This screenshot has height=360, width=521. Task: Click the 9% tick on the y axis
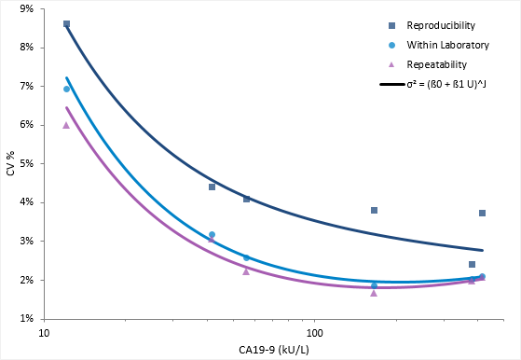[x=25, y=8]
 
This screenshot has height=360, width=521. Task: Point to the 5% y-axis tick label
[x=25, y=163]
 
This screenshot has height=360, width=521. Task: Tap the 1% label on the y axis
[x=25, y=319]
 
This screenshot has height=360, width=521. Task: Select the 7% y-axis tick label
[x=25, y=86]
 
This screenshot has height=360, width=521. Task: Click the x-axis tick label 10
[x=43, y=332]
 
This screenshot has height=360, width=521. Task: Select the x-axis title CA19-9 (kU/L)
[x=272, y=349]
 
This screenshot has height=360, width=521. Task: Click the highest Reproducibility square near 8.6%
[x=66, y=24]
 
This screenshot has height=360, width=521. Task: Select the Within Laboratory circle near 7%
[x=66, y=89]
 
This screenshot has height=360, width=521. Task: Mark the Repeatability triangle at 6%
[x=66, y=125]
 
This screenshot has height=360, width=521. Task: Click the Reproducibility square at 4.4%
[x=213, y=187]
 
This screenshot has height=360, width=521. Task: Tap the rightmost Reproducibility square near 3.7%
[x=482, y=213]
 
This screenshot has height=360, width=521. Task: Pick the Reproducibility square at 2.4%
[x=473, y=264]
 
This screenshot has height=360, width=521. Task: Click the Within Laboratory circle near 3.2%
[x=213, y=234]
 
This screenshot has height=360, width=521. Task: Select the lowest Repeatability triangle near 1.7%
[x=374, y=293]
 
